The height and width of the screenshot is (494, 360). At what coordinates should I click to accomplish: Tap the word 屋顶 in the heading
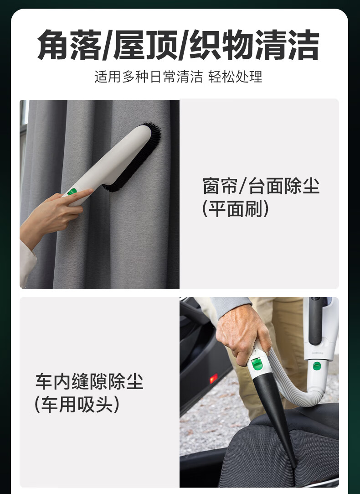[x=146, y=45]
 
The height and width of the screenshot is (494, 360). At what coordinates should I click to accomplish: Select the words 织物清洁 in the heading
[x=255, y=45]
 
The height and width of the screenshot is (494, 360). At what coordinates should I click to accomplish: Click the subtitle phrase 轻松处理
[x=235, y=77]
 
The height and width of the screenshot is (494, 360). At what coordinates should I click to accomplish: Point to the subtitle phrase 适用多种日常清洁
[x=149, y=77]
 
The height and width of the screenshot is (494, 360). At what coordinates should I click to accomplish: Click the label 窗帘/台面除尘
[x=261, y=186]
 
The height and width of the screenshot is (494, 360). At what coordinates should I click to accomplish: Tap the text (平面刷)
[x=236, y=209]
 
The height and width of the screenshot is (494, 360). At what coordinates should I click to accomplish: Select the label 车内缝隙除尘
[x=89, y=381]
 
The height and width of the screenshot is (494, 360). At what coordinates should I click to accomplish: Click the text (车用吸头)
[x=77, y=404]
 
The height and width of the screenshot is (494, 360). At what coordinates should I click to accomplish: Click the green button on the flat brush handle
[x=72, y=192]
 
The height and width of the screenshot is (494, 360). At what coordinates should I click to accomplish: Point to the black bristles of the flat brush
[x=135, y=157]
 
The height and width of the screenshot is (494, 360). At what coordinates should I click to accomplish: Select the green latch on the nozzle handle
[x=257, y=364]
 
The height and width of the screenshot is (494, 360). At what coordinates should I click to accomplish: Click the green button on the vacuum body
[x=317, y=366]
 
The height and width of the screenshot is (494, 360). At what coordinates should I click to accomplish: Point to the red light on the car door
[x=214, y=378]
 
